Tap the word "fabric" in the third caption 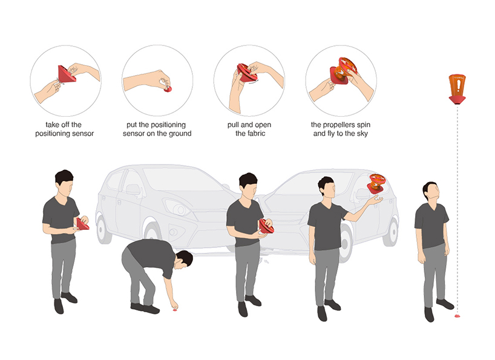256,134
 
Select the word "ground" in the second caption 180,134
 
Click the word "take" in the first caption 53,125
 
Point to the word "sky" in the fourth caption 362,134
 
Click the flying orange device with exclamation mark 457,89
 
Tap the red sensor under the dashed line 457,315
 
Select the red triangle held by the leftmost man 82,224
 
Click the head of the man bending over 185,259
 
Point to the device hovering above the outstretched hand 376,183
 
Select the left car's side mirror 134,189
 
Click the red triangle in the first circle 67,74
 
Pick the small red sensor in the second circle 168,90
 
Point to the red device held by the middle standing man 266,226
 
